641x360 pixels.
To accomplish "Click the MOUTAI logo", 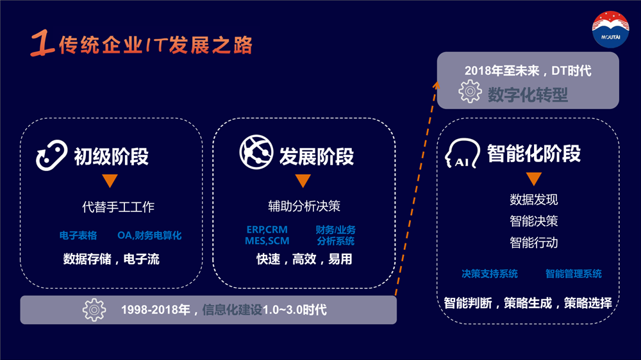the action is (611, 29).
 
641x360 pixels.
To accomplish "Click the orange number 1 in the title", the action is (42, 43).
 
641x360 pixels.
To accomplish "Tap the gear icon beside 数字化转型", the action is (470, 91).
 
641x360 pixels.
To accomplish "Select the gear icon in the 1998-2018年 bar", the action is (94, 310).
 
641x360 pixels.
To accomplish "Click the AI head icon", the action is (462, 154).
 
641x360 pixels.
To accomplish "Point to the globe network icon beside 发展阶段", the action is (256, 152).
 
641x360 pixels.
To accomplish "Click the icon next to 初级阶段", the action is (51, 155).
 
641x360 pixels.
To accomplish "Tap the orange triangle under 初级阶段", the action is (110, 180).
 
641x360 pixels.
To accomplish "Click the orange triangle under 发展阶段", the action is (303, 180).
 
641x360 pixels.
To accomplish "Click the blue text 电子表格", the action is (78, 235).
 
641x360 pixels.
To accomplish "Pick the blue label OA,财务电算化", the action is (149, 235).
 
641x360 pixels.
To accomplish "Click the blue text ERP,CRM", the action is (267, 230).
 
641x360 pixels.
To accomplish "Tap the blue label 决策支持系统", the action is (489, 274).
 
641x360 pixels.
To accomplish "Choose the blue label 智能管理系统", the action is (574, 274).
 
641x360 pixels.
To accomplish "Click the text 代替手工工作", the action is (118, 207).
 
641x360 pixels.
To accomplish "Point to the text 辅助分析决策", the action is (304, 206).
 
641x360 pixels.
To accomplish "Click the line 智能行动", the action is (534, 243).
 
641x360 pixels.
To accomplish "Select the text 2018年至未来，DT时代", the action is (528, 70).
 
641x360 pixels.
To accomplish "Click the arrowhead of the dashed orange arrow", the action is (437, 85).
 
